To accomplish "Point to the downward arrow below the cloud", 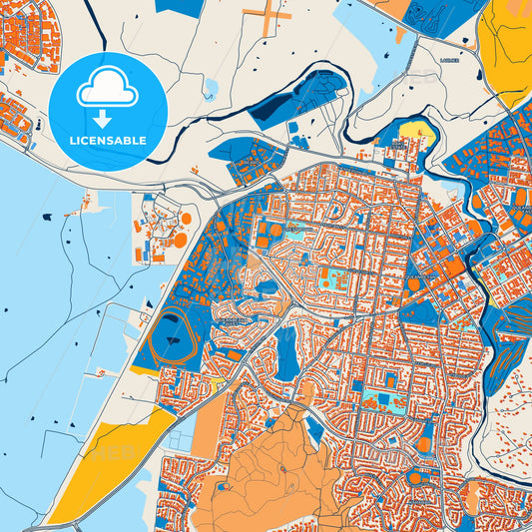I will tap(103, 119).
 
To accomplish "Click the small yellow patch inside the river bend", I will tap(415, 130).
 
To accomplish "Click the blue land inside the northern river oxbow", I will tap(299, 95).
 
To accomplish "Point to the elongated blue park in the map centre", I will tap(286, 354).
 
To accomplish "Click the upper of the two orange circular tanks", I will tap(186, 218).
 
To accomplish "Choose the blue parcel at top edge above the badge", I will tap(180, 7).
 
